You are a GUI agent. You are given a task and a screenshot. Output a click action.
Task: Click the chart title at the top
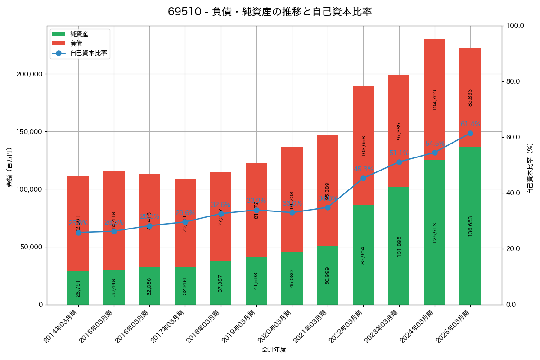pyautogui.click(x=270, y=12)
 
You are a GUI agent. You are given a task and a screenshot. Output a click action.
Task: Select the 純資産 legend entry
pyautogui.click(x=79, y=34)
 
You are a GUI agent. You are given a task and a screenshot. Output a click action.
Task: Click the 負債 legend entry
pyautogui.click(x=76, y=44)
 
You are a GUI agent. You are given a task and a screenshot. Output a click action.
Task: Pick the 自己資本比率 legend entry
pyautogui.click(x=88, y=53)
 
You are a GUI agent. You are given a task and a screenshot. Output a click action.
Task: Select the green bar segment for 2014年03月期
pyautogui.click(x=78, y=288)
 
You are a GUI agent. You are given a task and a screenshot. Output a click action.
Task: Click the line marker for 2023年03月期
pyautogui.click(x=399, y=162)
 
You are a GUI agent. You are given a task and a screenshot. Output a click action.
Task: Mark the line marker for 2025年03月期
pyautogui.click(x=470, y=133)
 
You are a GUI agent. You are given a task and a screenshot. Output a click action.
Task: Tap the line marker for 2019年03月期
pyautogui.click(x=256, y=210)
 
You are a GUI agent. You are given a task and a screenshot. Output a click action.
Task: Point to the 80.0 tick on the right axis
pyautogui.click(x=513, y=81)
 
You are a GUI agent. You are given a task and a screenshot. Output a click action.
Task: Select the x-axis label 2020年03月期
pyautogui.click(x=277, y=326)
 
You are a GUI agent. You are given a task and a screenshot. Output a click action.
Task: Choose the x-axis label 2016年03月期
pyautogui.click(x=134, y=326)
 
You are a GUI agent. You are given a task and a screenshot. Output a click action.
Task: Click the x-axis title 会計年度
pyautogui.click(x=274, y=350)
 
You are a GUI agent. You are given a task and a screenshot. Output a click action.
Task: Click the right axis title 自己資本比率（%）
pyautogui.click(x=530, y=167)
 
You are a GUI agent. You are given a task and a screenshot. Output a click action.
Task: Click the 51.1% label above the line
pyautogui.click(x=399, y=153)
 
